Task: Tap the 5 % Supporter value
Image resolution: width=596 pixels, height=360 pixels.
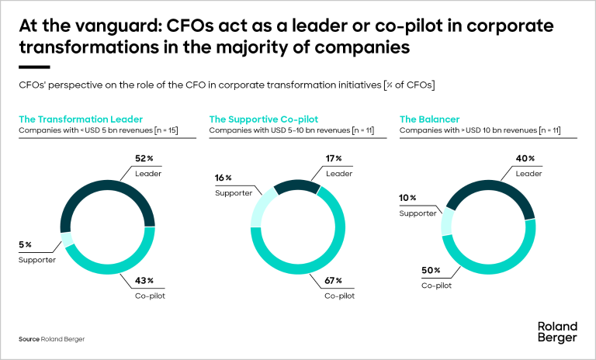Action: [x=26, y=244]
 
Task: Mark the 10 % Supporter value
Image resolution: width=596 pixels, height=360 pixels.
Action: [x=407, y=198]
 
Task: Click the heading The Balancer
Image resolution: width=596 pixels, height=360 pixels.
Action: [x=429, y=119]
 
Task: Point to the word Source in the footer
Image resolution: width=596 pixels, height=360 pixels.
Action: [x=29, y=340]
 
